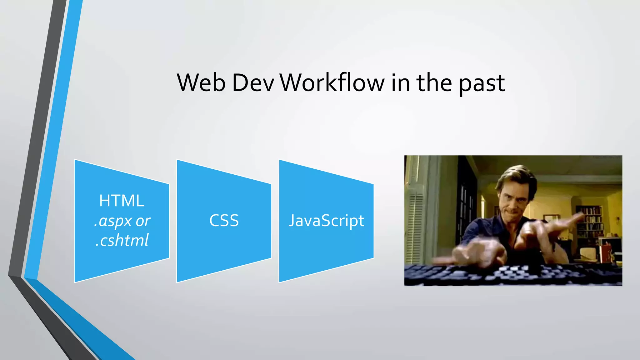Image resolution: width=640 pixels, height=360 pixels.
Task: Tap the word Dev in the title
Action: coord(253,83)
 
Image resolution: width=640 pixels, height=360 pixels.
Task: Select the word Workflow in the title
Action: coord(332,83)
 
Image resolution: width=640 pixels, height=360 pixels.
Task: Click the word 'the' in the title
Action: coord(434,83)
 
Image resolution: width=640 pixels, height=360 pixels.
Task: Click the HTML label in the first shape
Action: coord(122,201)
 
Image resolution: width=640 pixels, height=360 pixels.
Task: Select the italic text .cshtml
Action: coord(122,240)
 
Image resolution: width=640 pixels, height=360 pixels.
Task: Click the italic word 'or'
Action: coord(143,221)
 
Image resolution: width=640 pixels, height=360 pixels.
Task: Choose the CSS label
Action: coord(224,221)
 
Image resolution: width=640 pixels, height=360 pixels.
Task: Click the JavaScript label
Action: coord(326,221)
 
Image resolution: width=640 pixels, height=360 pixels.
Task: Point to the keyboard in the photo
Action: coord(512,275)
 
